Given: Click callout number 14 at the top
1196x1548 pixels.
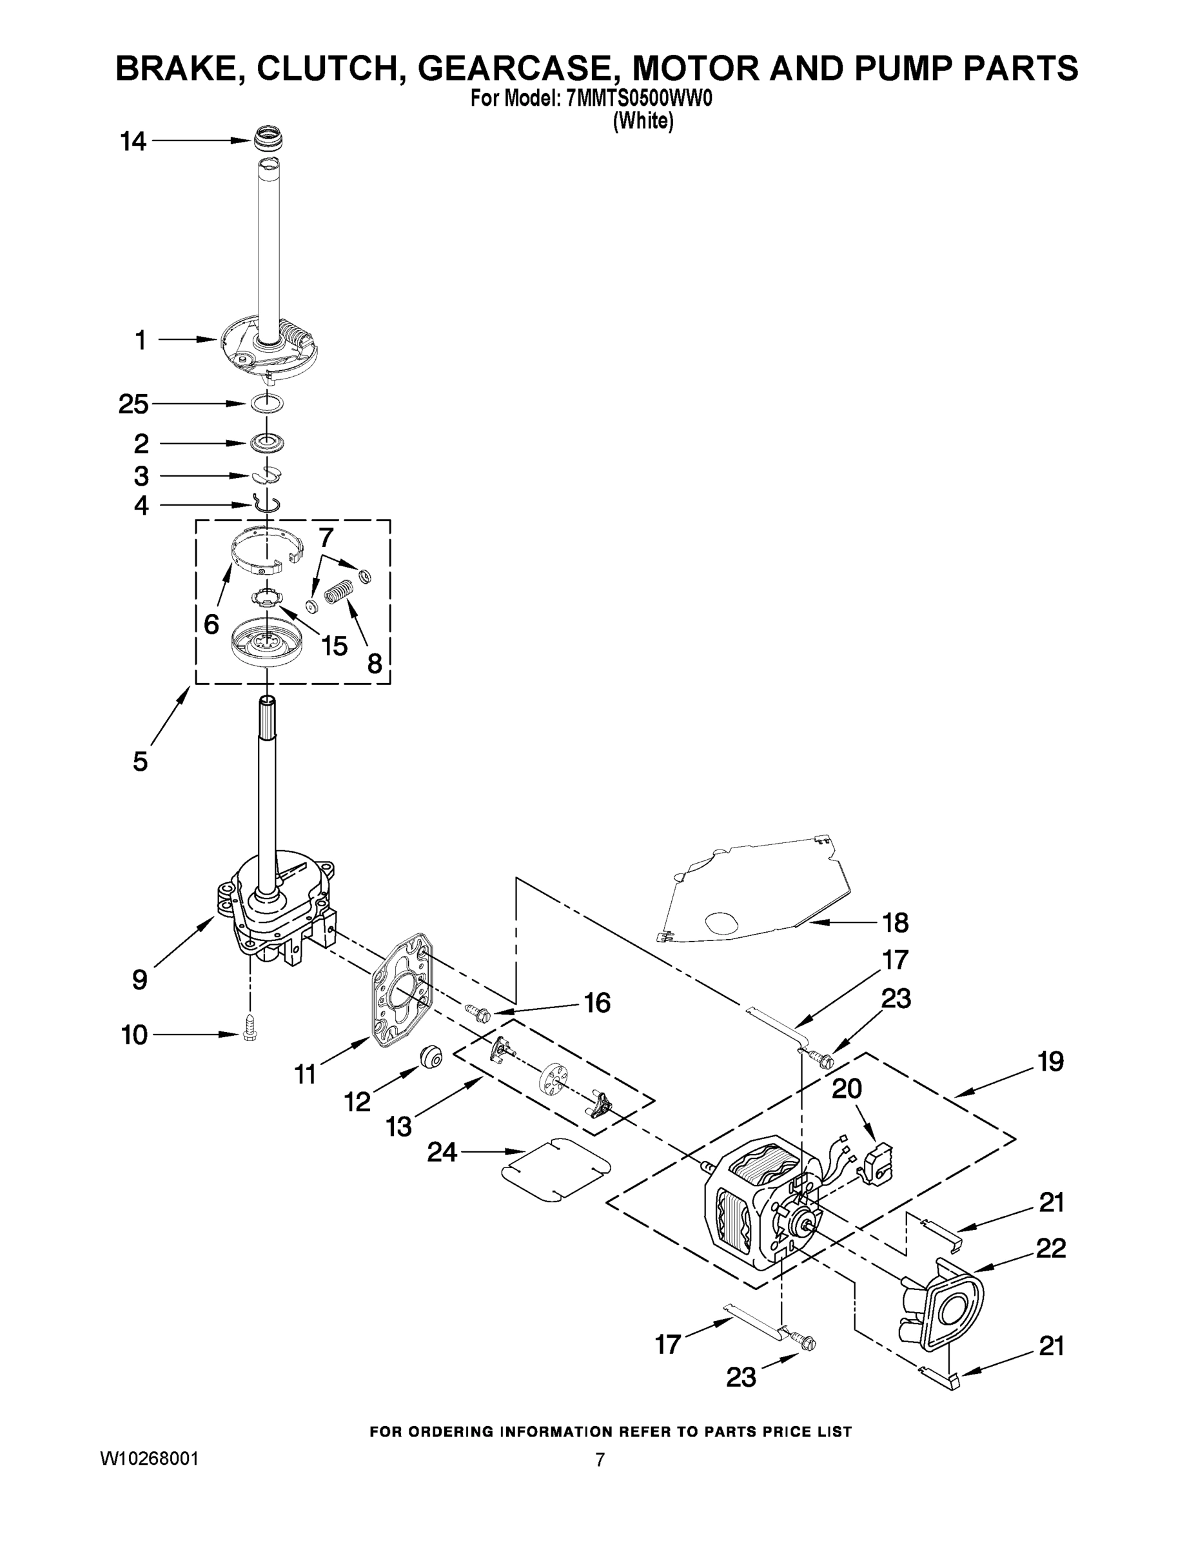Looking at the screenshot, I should (133, 142).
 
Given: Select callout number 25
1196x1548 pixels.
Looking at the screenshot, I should (133, 404).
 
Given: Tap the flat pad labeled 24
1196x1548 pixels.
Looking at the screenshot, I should (556, 1169).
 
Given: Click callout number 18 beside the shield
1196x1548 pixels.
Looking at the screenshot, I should (896, 922).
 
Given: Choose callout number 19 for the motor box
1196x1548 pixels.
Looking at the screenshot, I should (1051, 1062).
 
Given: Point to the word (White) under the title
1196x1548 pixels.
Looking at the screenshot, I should (642, 121).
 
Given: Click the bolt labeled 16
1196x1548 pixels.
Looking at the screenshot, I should (478, 1012).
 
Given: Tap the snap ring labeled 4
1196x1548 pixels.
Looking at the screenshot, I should (267, 504).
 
